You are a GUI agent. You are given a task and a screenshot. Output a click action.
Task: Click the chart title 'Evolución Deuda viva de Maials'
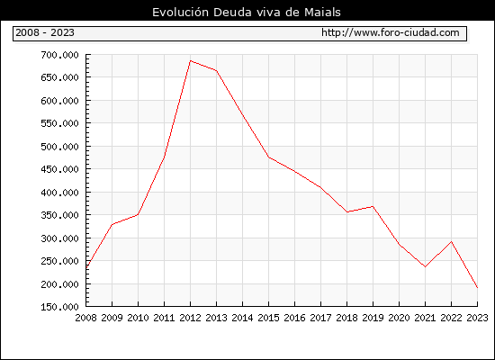[247, 13]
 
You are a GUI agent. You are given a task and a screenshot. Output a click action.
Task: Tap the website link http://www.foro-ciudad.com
[391, 32]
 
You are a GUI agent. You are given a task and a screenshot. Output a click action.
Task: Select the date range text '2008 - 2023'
[45, 32]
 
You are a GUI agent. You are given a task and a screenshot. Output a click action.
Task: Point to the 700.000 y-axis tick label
[59, 55]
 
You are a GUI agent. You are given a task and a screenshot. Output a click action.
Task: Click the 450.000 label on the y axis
[59, 169]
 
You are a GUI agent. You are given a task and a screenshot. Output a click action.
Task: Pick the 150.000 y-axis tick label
[59, 307]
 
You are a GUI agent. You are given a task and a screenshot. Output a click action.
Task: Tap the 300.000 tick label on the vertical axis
[59, 238]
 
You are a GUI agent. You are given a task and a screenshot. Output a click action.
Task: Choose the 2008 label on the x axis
[85, 318]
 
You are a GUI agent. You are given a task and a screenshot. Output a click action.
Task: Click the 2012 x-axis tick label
[191, 318]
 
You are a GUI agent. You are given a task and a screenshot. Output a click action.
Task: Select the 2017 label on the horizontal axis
[320, 318]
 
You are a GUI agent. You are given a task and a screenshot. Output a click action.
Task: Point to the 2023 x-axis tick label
[477, 318]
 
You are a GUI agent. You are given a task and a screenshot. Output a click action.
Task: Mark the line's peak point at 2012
[191, 60]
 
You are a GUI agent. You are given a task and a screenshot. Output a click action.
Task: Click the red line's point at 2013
[217, 71]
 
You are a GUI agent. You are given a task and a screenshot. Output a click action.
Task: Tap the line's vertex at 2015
[269, 157]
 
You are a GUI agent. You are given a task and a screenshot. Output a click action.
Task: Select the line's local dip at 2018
[346, 211]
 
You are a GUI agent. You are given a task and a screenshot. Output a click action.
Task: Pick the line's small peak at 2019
[373, 206]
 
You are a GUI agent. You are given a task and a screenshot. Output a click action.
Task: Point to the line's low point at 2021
[425, 266]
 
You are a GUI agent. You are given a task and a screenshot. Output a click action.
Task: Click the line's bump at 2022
[452, 242]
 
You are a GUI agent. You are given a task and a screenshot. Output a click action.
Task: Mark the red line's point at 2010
[138, 214]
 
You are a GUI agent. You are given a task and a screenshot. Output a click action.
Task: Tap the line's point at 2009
[112, 224]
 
